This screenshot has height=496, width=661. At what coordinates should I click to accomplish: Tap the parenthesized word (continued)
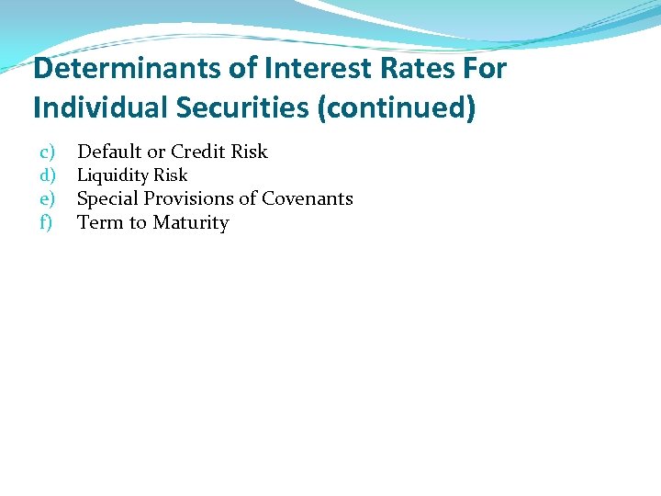click(x=400, y=108)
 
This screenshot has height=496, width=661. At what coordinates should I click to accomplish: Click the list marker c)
click(x=47, y=152)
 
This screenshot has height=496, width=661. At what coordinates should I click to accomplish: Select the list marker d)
click(x=47, y=175)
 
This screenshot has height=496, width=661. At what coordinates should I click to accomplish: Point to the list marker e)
click(x=47, y=198)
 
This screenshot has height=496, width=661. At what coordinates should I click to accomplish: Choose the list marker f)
click(x=46, y=222)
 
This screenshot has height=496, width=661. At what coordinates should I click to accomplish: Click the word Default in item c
click(x=109, y=152)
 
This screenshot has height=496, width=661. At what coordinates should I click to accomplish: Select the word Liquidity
click(x=112, y=175)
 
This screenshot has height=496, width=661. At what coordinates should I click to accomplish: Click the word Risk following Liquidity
click(x=170, y=175)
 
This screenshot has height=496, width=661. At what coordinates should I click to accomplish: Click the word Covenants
click(x=308, y=198)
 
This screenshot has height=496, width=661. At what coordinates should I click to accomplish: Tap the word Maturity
click(x=190, y=223)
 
